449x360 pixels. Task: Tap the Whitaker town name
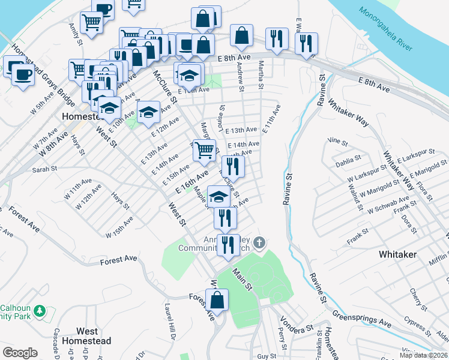tap(397, 254)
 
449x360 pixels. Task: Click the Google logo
tap(20, 353)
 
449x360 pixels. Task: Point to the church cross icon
tap(259, 243)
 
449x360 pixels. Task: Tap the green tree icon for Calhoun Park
tap(40, 311)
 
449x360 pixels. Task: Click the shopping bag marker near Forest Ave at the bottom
tap(217, 299)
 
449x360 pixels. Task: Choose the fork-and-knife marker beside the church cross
tap(228, 245)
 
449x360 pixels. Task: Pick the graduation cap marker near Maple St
tap(218, 196)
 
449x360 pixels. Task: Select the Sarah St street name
tap(44, 170)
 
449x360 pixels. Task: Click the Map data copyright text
tap(424, 355)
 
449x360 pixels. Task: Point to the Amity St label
tap(75, 34)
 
